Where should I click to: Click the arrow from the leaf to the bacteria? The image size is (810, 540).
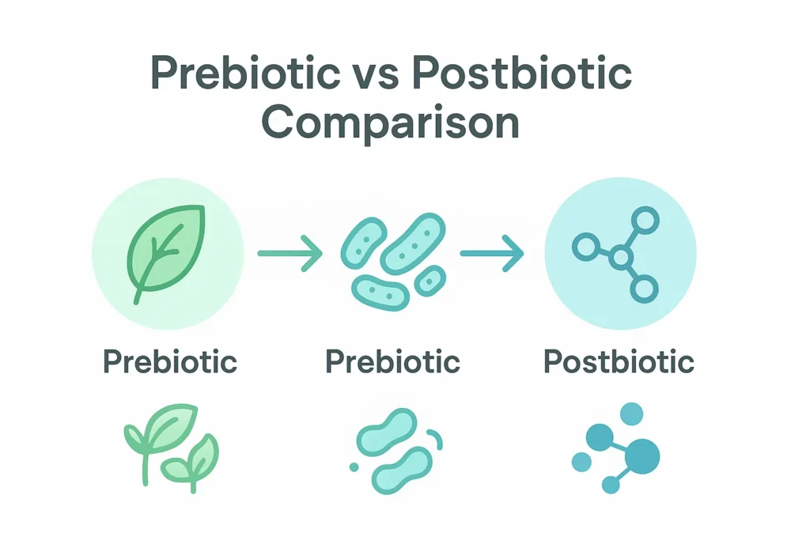coord(290,253)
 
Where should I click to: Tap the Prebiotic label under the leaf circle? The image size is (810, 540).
coord(170,362)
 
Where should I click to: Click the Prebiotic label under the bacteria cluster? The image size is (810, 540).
coord(392,362)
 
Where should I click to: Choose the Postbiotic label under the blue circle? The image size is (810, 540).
coord(619,362)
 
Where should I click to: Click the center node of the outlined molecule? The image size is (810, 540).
coord(621,257)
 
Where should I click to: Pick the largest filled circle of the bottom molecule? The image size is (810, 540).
coord(642,455)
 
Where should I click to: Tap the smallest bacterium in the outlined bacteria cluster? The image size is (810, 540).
coord(430,278)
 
